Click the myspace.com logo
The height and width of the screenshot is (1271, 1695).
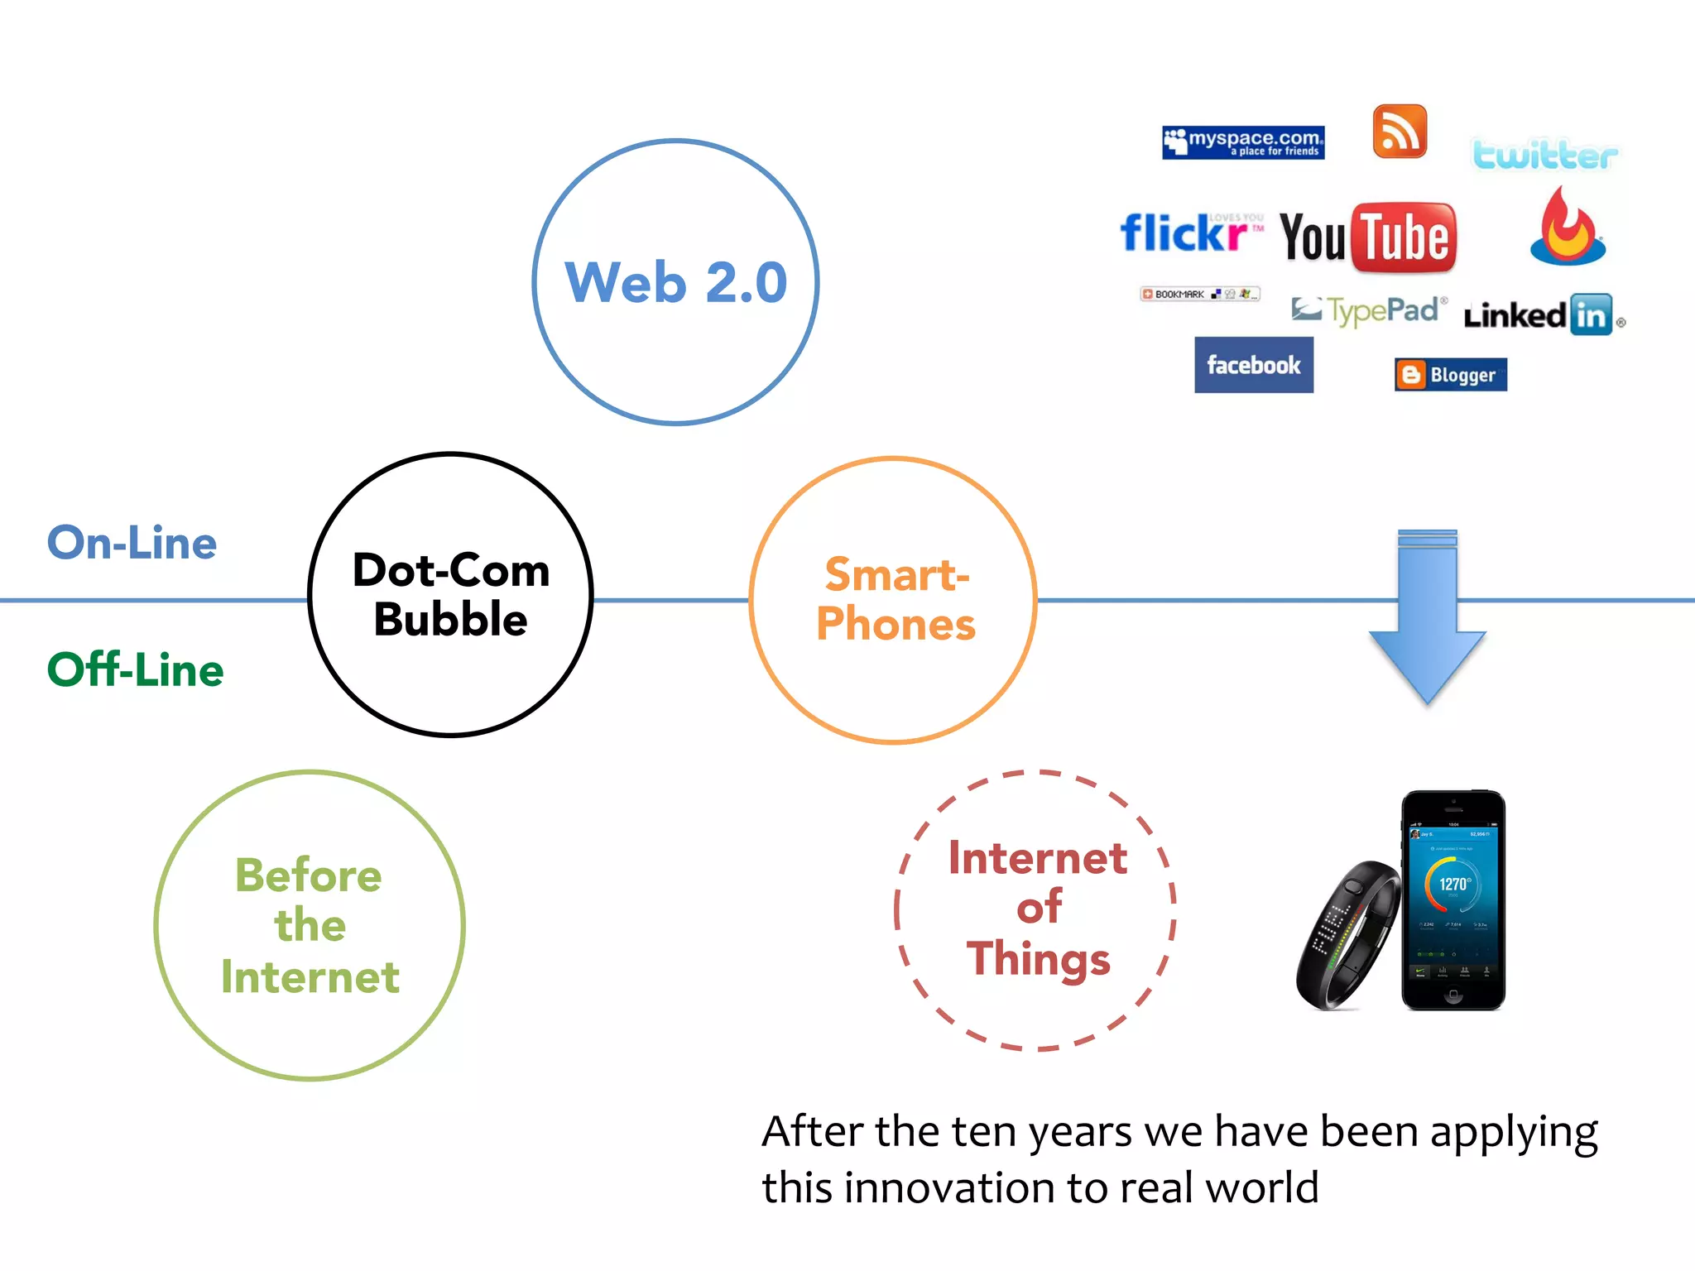click(1242, 142)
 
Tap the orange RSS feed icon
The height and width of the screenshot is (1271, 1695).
click(1400, 132)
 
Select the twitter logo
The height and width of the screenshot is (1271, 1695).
click(1544, 155)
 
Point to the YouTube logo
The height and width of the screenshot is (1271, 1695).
click(1368, 237)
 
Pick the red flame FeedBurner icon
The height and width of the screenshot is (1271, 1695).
click(1567, 228)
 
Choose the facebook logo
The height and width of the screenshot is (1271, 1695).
click(1253, 365)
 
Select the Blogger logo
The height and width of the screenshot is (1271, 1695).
click(1450, 375)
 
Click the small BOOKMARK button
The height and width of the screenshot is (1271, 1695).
click(1199, 294)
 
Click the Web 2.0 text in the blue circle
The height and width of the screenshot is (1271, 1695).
click(675, 282)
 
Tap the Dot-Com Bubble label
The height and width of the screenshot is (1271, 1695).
click(451, 594)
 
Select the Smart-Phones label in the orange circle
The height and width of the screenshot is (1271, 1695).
click(896, 599)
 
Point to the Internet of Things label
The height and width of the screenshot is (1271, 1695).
click(1037, 909)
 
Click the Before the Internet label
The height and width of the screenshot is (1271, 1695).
click(310, 925)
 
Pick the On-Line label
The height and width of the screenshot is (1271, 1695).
click(132, 543)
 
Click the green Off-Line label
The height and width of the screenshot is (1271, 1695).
click(135, 669)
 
